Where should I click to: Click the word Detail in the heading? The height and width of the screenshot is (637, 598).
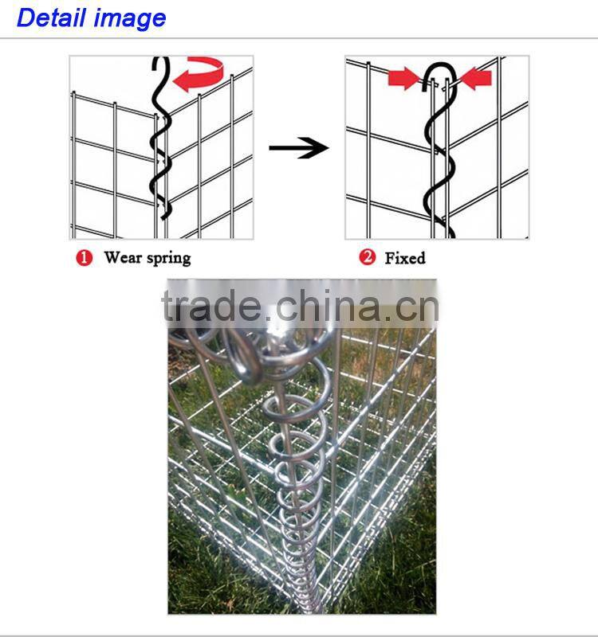pyautogui.click(x=52, y=18)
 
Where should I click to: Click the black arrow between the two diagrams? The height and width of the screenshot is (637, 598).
pyautogui.click(x=298, y=147)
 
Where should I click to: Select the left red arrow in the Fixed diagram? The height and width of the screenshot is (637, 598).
pyautogui.click(x=403, y=78)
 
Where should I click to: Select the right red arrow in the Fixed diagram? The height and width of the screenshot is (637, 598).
pyautogui.click(x=476, y=78)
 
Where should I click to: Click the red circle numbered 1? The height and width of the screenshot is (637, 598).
pyautogui.click(x=85, y=258)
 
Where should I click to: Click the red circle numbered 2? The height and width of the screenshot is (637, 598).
pyautogui.click(x=368, y=258)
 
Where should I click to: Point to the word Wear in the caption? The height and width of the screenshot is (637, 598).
pyautogui.click(x=122, y=258)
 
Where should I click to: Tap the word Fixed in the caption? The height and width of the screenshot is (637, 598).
pyautogui.click(x=404, y=258)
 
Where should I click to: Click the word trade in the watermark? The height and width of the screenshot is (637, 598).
pyautogui.click(x=211, y=307)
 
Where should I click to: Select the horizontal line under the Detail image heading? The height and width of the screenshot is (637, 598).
pyautogui.click(x=299, y=38)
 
